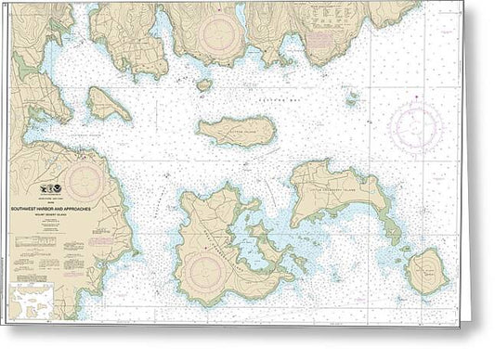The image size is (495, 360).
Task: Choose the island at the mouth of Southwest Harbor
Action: pos(109,104)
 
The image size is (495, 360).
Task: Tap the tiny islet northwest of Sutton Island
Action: pos(203,84)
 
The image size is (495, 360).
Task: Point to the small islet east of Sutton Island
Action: pos(351,97)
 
